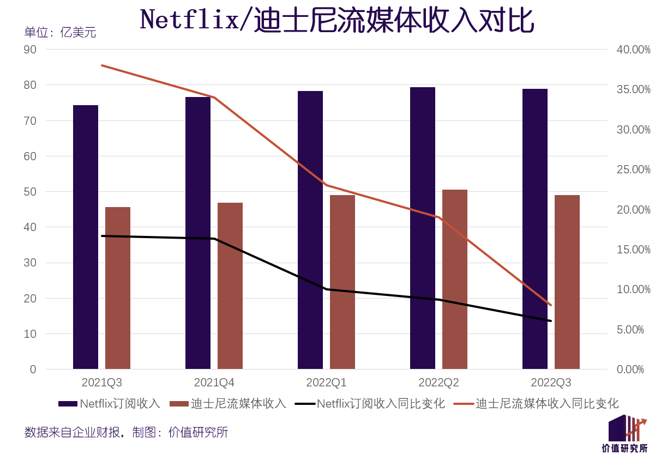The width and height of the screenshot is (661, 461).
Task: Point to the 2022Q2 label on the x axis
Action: tap(438, 383)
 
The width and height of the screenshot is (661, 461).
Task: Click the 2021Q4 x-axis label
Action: tap(214, 383)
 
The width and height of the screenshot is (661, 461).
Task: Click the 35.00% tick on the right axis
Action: tap(633, 90)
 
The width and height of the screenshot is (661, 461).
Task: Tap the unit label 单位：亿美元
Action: tap(60, 33)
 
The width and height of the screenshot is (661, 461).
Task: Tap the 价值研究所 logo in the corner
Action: tap(625, 434)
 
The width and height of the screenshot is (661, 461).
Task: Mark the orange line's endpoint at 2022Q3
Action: tap(551, 305)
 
